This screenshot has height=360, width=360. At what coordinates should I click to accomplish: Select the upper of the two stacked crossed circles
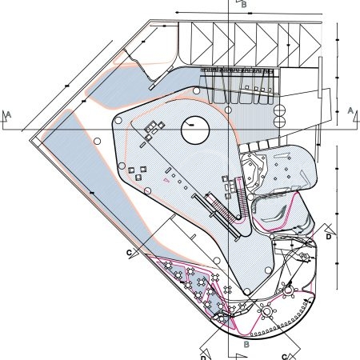tap(279, 110)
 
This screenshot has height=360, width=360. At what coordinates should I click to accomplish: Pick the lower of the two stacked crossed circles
tap(279, 121)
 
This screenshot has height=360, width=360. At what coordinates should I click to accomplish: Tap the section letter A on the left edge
tap(9, 114)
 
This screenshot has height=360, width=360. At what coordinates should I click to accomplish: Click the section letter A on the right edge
tap(350, 110)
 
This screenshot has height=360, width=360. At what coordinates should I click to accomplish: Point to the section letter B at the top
tap(244, 5)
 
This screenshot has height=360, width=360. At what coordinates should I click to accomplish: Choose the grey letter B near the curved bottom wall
tap(246, 344)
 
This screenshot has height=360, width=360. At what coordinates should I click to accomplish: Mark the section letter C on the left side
tap(129, 253)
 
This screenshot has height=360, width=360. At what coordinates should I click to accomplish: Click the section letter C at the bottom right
tap(284, 357)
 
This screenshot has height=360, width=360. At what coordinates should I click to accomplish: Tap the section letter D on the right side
tap(329, 237)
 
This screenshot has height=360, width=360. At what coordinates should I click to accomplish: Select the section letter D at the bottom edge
tap(203, 358)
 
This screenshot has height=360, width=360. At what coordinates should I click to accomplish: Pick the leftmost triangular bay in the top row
tap(202, 44)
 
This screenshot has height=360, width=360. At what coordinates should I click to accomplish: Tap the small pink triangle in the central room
tap(166, 180)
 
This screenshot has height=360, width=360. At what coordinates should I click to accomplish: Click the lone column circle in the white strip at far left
tap(98, 141)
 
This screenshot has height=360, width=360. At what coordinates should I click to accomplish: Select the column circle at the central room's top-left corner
tap(118, 121)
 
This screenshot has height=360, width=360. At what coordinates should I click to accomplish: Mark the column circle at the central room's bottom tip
tap(247, 291)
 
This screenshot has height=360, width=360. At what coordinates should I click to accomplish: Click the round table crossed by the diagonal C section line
tap(266, 311)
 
